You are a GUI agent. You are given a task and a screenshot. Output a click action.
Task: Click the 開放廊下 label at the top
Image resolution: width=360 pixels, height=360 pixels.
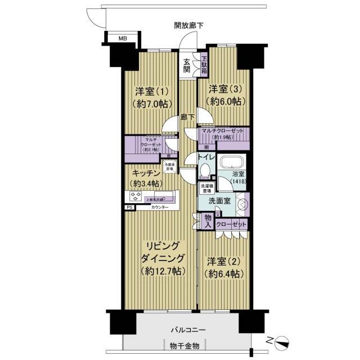(188, 25)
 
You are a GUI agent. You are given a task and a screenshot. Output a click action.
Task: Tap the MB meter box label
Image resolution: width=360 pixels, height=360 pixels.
(122, 39)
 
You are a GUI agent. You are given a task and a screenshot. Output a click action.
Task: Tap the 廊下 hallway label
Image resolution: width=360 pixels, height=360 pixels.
(188, 118)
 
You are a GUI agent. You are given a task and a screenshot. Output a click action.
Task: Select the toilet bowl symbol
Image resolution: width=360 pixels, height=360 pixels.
(205, 170)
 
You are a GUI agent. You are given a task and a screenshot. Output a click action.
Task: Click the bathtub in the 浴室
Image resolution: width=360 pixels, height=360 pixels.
(231, 164)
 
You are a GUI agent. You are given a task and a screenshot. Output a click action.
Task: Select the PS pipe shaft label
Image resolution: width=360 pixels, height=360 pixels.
(130, 208)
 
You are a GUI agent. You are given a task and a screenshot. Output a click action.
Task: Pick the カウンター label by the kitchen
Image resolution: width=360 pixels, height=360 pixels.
(160, 208)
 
